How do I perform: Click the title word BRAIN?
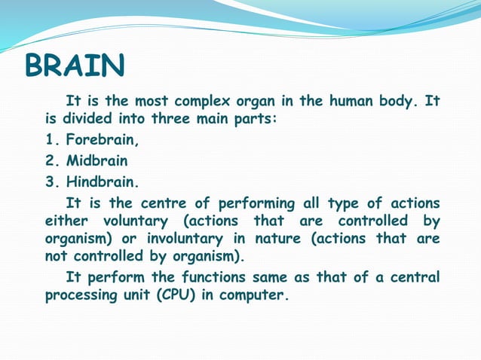pos(75,67)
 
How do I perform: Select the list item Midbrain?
pos(97,161)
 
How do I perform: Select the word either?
pos(67,221)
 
